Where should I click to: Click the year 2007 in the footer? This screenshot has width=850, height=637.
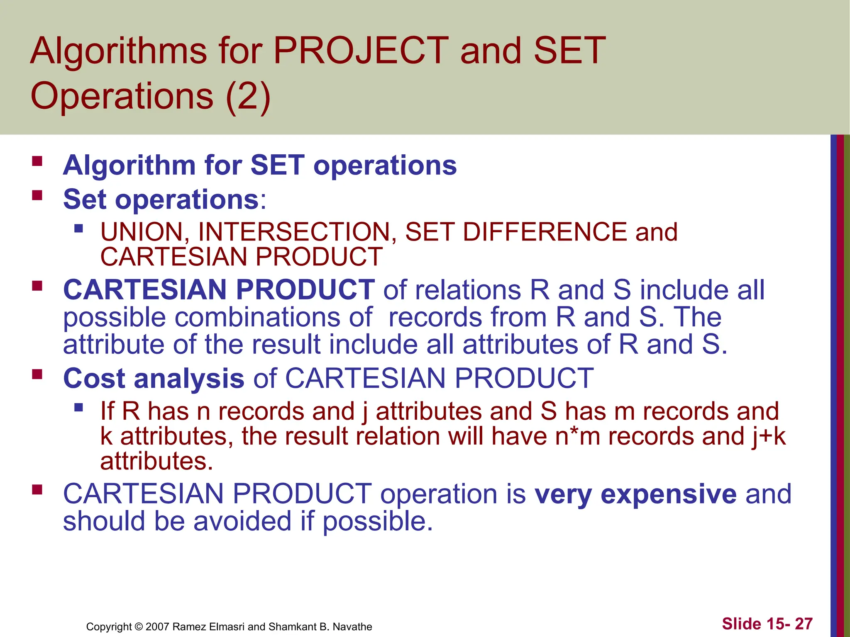157,627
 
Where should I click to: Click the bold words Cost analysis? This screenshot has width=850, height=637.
154,379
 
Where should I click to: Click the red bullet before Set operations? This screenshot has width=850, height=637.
37,195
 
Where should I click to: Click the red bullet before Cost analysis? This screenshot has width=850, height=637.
37,374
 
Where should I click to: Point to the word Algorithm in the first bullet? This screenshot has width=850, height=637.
129,165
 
